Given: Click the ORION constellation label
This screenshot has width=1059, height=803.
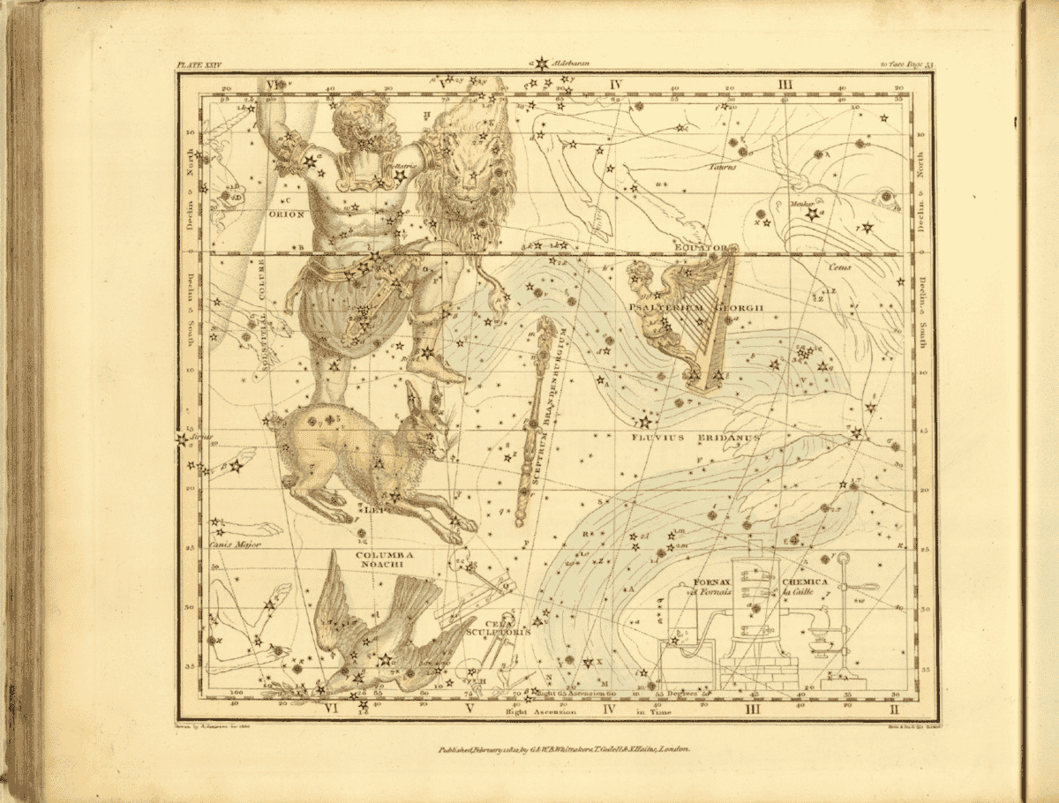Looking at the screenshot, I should coord(288,214).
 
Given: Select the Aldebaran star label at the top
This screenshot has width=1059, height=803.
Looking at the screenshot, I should coord(573,64).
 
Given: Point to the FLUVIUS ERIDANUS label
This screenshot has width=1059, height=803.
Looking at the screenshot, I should coord(684,436).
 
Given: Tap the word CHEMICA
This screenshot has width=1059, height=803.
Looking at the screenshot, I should coord(805,582).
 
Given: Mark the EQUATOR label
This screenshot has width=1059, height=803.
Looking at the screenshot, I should coord(702,249).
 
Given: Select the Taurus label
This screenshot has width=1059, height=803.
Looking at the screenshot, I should coord(720,165).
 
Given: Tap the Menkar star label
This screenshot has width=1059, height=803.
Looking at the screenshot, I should coord(801,204).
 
